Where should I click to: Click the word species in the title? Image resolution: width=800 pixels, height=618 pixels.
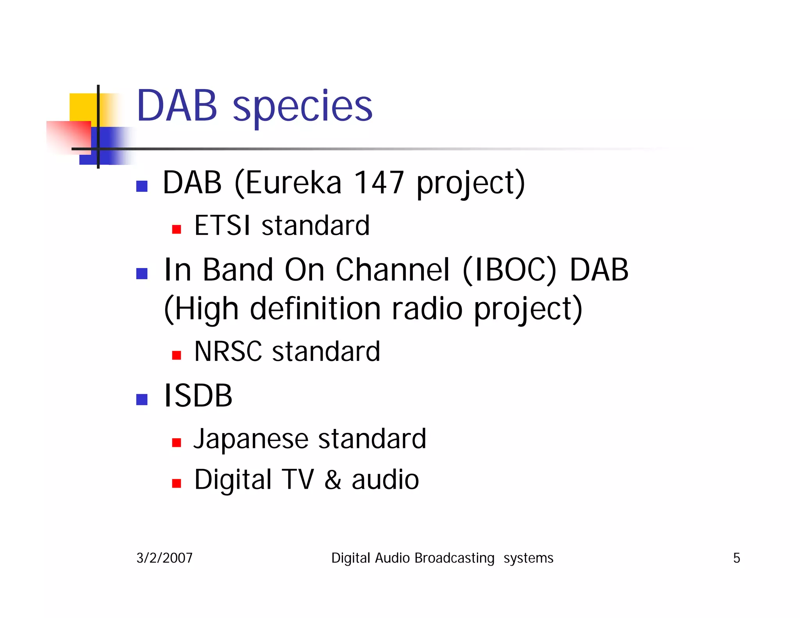303,106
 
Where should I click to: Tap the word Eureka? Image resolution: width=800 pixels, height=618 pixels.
293,183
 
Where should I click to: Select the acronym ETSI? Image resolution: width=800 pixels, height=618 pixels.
222,226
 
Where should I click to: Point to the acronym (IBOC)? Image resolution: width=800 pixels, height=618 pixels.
509,270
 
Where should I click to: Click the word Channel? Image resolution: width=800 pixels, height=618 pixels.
393,270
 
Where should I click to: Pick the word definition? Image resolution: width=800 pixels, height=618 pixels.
315,309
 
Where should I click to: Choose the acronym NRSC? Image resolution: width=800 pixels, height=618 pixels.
228,352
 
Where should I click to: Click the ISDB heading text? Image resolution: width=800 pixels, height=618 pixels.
198,396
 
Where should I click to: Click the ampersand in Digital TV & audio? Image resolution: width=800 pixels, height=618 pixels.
333,480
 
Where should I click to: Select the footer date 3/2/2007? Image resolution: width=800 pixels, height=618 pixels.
164,558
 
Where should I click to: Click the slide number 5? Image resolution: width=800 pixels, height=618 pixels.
736,558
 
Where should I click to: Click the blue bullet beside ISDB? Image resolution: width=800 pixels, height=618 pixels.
142,399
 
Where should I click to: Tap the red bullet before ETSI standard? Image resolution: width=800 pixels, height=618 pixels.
177,229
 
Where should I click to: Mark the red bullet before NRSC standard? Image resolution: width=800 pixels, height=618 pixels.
177,355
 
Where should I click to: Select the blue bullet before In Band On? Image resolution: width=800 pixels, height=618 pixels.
142,273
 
